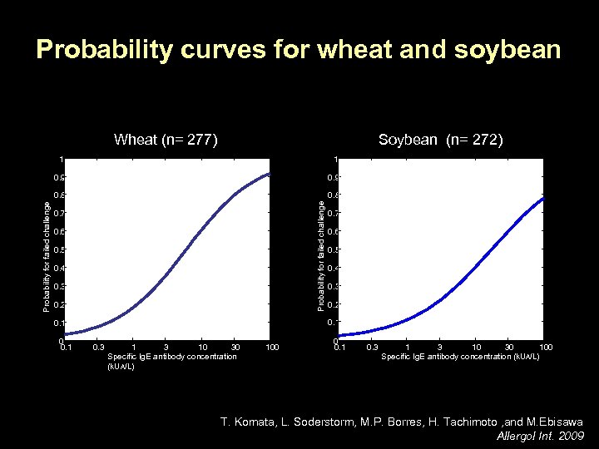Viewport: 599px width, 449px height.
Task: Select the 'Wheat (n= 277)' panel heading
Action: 166,140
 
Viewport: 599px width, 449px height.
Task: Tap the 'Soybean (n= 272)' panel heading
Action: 440,140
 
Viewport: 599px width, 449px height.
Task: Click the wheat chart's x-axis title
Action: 171,361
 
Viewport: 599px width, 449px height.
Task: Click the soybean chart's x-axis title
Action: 460,356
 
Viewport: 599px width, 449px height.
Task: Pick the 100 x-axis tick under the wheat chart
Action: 270,346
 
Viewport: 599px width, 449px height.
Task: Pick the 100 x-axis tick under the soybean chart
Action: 545,346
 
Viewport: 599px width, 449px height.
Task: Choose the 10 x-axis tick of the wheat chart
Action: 202,346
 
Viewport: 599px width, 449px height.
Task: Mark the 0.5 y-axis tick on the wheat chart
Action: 57,249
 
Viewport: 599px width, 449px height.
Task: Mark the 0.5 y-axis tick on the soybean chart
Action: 333,249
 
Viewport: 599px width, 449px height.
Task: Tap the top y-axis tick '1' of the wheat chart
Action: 61,159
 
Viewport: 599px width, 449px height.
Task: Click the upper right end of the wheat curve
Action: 269,174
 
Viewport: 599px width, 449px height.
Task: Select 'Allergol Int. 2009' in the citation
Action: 540,437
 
